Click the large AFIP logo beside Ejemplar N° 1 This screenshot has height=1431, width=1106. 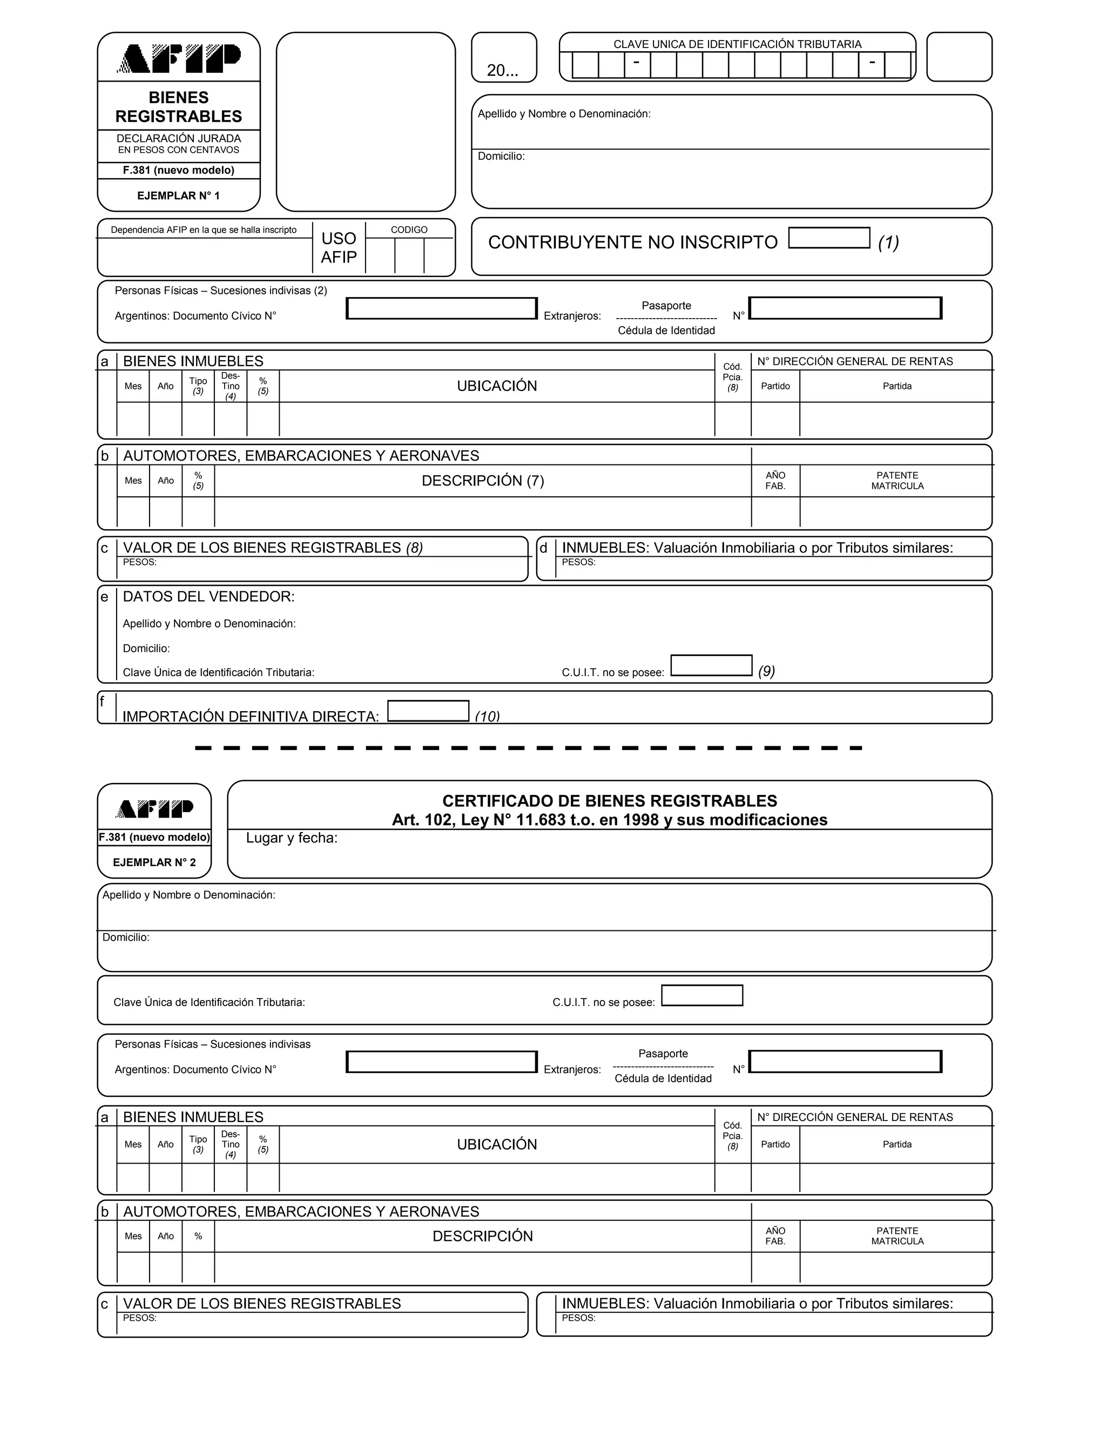(178, 58)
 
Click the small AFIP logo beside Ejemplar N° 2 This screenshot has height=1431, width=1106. (154, 808)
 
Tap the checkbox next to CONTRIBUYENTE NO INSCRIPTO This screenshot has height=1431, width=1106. (829, 238)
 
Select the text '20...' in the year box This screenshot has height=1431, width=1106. (503, 71)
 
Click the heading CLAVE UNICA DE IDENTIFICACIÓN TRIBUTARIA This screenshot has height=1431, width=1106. (737, 44)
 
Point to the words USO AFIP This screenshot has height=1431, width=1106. (339, 248)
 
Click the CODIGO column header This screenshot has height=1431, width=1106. (409, 230)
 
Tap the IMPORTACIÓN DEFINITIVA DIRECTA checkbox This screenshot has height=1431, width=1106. (428, 711)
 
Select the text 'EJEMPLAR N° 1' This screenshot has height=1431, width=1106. (178, 196)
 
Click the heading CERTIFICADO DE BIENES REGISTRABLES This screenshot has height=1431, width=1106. (609, 801)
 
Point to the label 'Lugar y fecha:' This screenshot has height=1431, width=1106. (292, 838)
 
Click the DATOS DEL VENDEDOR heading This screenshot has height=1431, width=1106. (208, 597)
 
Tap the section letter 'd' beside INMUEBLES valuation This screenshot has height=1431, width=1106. (543, 548)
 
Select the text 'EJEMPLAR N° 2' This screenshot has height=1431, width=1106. (154, 862)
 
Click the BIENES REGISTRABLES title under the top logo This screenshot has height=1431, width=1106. (178, 107)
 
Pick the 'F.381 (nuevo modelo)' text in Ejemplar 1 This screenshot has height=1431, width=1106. (178, 170)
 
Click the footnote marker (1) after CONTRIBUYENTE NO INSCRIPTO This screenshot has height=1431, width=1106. (888, 242)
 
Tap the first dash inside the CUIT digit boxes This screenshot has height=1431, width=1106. (636, 63)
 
